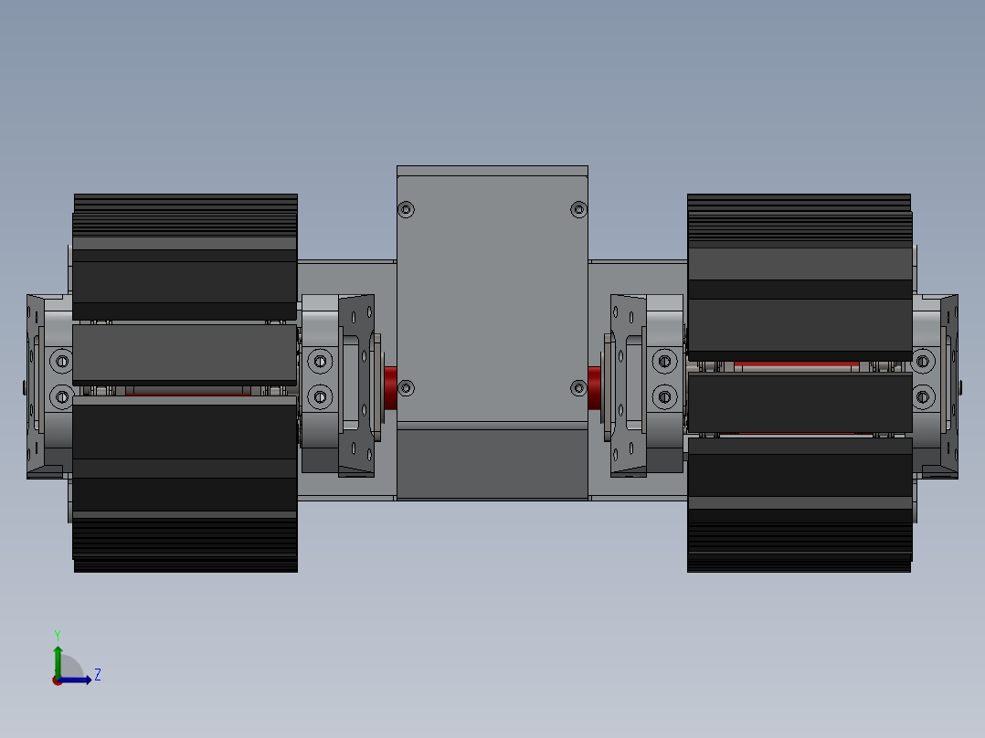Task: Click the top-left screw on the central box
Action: (407, 210)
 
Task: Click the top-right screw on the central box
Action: (578, 210)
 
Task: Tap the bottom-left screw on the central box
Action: (407, 389)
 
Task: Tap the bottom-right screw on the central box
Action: (578, 389)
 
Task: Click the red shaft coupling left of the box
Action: (390, 387)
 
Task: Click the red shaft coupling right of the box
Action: (594, 387)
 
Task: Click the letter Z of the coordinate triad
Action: (97, 675)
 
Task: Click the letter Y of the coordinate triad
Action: (57, 634)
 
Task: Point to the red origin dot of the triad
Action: (58, 680)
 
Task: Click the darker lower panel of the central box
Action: (492, 464)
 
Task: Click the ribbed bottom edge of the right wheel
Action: (799, 548)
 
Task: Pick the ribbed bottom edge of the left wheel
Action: (185, 548)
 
